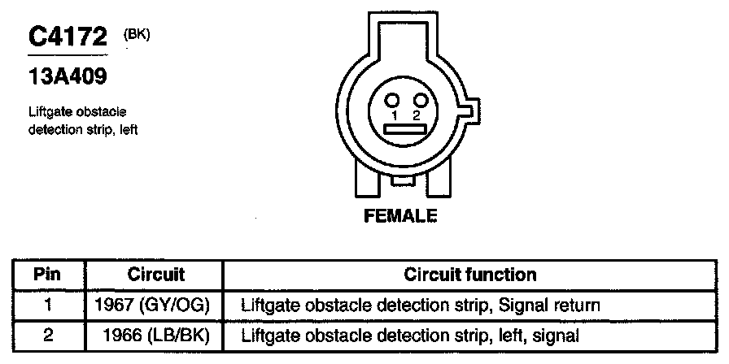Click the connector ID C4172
pos(68,38)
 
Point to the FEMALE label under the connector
pos(399,216)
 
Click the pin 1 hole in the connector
pos(392,100)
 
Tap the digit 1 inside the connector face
pos(393,116)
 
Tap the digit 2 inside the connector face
pos(416,116)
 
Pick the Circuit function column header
pos(469,274)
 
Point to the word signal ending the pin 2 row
pos(557,334)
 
